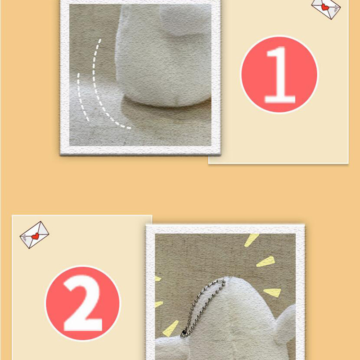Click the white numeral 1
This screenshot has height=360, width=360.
point(279,75)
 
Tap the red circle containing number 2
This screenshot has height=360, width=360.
point(83,303)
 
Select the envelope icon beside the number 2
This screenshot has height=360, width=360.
point(35,234)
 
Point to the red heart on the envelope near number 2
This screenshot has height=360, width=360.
point(35,236)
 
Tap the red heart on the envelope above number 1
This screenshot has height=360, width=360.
point(325,7)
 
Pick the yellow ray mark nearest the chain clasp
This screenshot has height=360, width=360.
point(171,328)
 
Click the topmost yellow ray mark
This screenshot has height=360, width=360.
point(251,240)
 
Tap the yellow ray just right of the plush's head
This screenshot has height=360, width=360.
point(273,292)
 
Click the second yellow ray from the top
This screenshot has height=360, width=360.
point(265,261)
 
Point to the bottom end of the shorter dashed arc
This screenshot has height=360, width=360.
point(88,120)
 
